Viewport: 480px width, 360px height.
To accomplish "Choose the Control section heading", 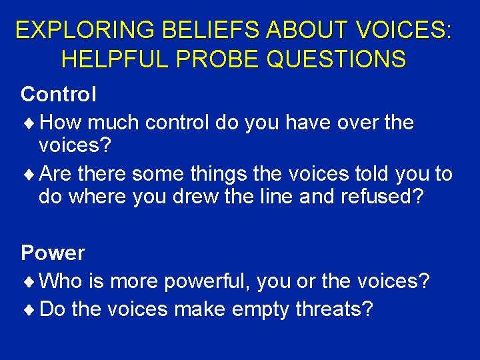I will (59, 95).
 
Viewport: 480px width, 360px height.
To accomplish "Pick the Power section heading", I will (53, 253).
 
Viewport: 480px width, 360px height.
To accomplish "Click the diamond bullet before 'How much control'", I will (31, 123).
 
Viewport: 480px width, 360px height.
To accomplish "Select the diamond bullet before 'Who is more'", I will (31, 281).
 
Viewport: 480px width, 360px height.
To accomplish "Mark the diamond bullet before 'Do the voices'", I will (31, 309).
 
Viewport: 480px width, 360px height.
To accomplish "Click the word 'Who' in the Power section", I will (61, 281).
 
